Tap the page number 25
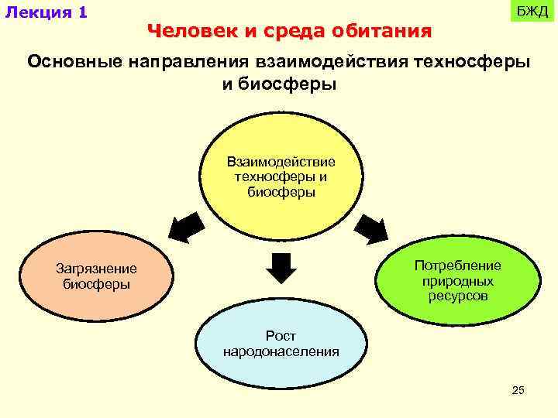pyautogui.click(x=518, y=390)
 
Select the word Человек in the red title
pyautogui.click(x=183, y=32)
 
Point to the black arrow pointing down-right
pyautogui.click(x=372, y=228)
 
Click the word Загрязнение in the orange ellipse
pyautogui.click(x=96, y=269)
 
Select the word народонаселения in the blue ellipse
pyautogui.click(x=281, y=351)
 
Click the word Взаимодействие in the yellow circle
pyautogui.click(x=281, y=162)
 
